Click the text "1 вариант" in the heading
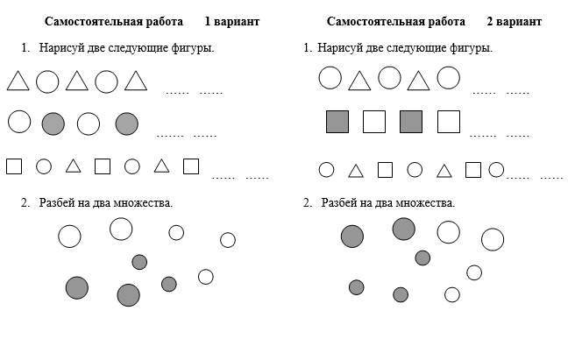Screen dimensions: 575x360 [231, 22]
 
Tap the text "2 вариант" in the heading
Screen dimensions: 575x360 [515, 22]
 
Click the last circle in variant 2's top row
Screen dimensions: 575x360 [448, 78]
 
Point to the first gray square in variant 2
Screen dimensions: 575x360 [337, 122]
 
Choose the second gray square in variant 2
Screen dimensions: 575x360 [411, 122]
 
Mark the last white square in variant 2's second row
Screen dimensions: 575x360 [449, 122]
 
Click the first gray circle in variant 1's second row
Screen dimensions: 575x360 [53, 124]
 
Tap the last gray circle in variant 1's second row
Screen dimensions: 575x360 [127, 124]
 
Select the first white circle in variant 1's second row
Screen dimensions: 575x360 [19, 122]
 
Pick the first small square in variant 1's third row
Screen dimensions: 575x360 [14, 166]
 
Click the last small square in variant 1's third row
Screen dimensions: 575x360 [191, 166]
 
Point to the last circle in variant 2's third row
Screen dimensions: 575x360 [496, 170]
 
